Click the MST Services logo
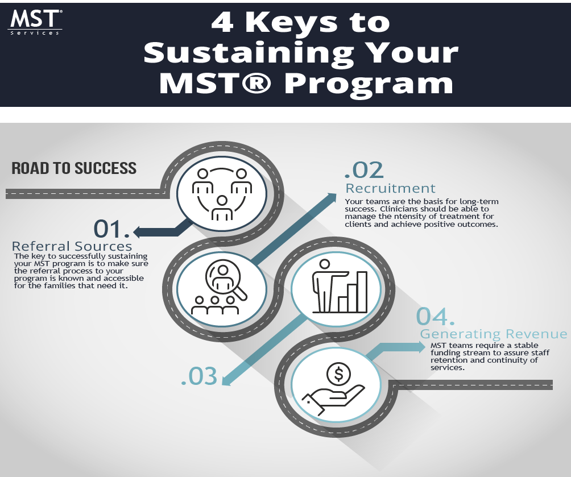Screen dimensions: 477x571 coord(35,22)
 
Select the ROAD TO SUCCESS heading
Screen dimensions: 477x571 coord(74,168)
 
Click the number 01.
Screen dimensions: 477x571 coord(111,229)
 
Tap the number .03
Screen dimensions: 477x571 coord(199,377)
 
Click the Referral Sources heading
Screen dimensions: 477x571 coord(72,246)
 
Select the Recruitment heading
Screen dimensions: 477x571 coord(391,188)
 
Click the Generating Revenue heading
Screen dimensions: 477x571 coord(494,334)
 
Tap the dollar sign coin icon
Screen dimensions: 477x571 coord(338,374)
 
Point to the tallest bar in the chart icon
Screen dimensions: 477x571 coord(362,292)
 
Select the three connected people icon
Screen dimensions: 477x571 coord(221,193)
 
